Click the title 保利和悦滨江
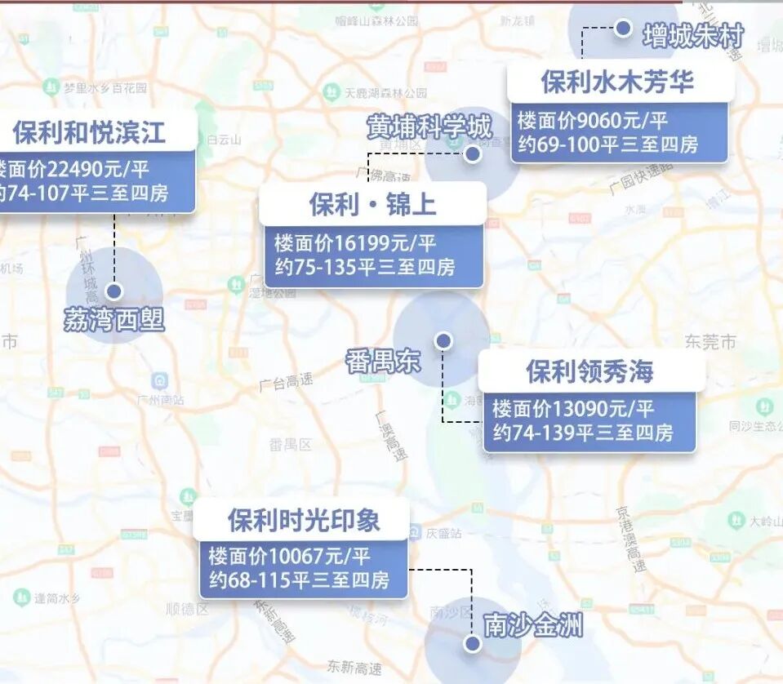[x=89, y=131]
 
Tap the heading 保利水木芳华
[x=617, y=82]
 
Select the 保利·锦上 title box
[x=372, y=204]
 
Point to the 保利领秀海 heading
[x=590, y=372]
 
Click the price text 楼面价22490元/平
[x=73, y=170]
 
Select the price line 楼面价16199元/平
[x=356, y=242]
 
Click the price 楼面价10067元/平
[x=290, y=557]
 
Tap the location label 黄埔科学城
[x=429, y=127]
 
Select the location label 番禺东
[x=383, y=360]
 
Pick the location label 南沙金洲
[x=534, y=626]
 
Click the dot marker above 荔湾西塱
[x=114, y=291]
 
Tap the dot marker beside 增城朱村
[x=623, y=29]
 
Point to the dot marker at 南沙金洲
[x=471, y=644]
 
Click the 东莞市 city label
[x=710, y=342]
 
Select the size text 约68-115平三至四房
[x=299, y=582]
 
